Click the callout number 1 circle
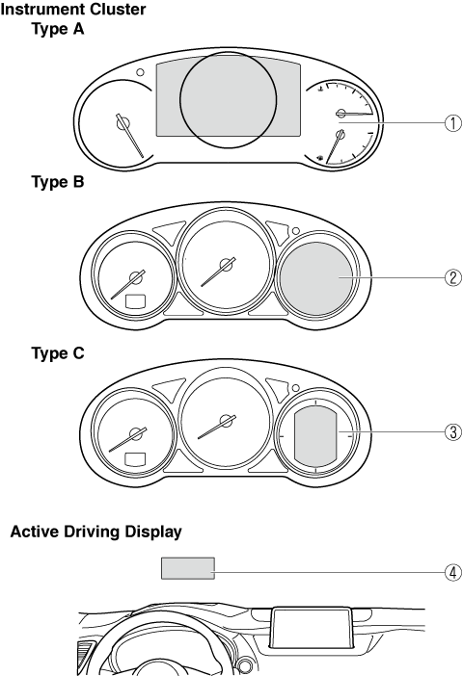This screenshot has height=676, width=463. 453,123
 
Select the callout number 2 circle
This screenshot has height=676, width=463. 453,277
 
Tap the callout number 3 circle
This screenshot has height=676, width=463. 453,431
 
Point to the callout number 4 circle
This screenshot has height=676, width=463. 453,573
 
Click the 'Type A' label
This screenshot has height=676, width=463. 58,29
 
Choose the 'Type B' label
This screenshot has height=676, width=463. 58,181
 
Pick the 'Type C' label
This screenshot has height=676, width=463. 58,353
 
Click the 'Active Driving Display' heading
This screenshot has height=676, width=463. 95,532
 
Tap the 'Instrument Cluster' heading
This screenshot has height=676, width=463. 73,9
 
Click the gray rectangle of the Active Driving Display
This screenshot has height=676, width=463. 188,568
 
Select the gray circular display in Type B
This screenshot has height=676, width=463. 316,278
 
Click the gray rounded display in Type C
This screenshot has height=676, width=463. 315,437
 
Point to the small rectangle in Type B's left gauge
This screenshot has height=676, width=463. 136,301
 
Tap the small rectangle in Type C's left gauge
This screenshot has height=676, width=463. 135,459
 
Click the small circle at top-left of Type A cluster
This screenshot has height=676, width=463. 140,72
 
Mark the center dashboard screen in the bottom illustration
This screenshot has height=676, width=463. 311,628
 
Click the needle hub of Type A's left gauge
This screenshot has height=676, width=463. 123,123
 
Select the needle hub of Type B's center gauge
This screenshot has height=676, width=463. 226,265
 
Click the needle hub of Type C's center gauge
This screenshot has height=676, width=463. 226,421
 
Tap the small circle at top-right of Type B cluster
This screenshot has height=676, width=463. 296,231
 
